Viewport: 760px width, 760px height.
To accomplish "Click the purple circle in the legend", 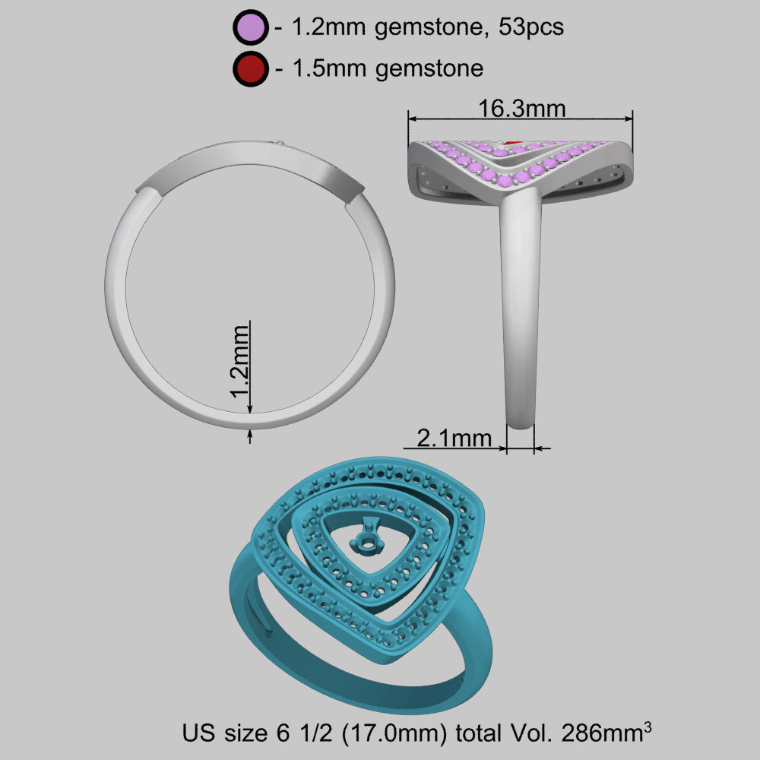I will click(x=250, y=28).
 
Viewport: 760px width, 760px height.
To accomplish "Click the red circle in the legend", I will click(x=250, y=68).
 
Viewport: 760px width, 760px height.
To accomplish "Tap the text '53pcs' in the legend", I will click(x=530, y=28).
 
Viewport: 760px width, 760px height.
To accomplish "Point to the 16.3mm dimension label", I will click(x=521, y=108).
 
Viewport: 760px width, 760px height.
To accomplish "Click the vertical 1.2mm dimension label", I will click(x=241, y=359).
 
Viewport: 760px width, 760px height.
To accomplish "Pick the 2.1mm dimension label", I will click(x=454, y=438).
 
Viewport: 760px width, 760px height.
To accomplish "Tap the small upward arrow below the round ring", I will click(x=251, y=435).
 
